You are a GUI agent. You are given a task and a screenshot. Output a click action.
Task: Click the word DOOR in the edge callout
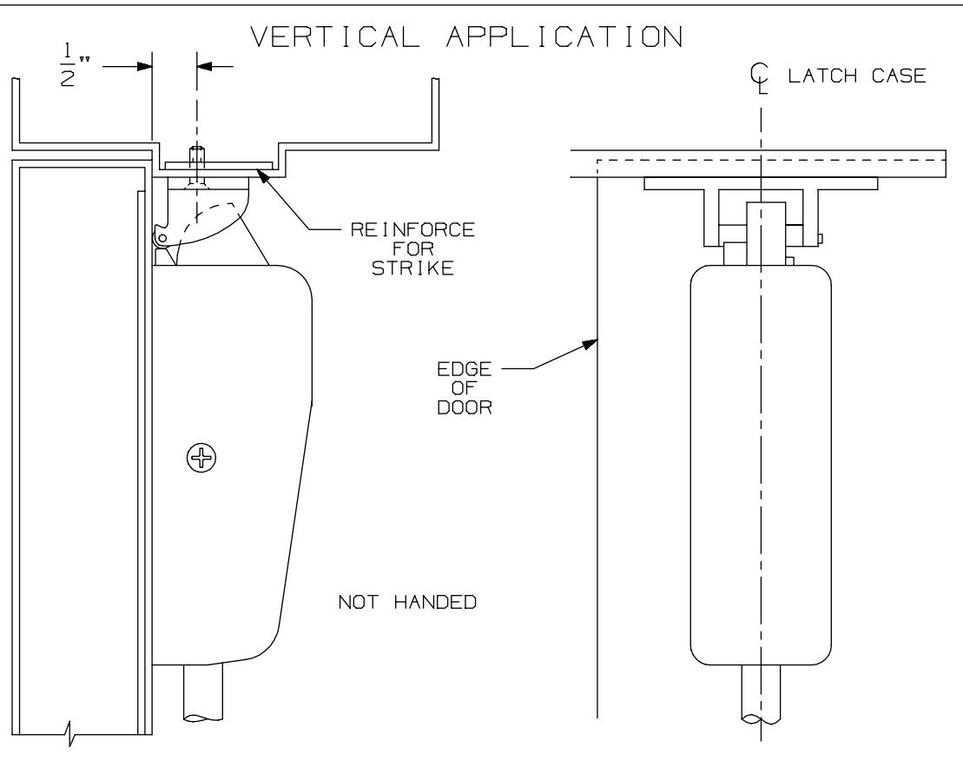pos(474,409)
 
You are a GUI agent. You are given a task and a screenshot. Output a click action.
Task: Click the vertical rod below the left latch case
pos(202,691)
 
